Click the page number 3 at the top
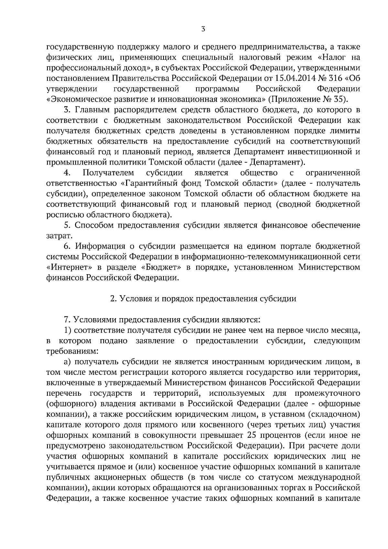tap(203, 29)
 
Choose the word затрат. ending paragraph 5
tap(57, 236)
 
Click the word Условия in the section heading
tap(134, 299)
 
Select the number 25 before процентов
tap(251, 435)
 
